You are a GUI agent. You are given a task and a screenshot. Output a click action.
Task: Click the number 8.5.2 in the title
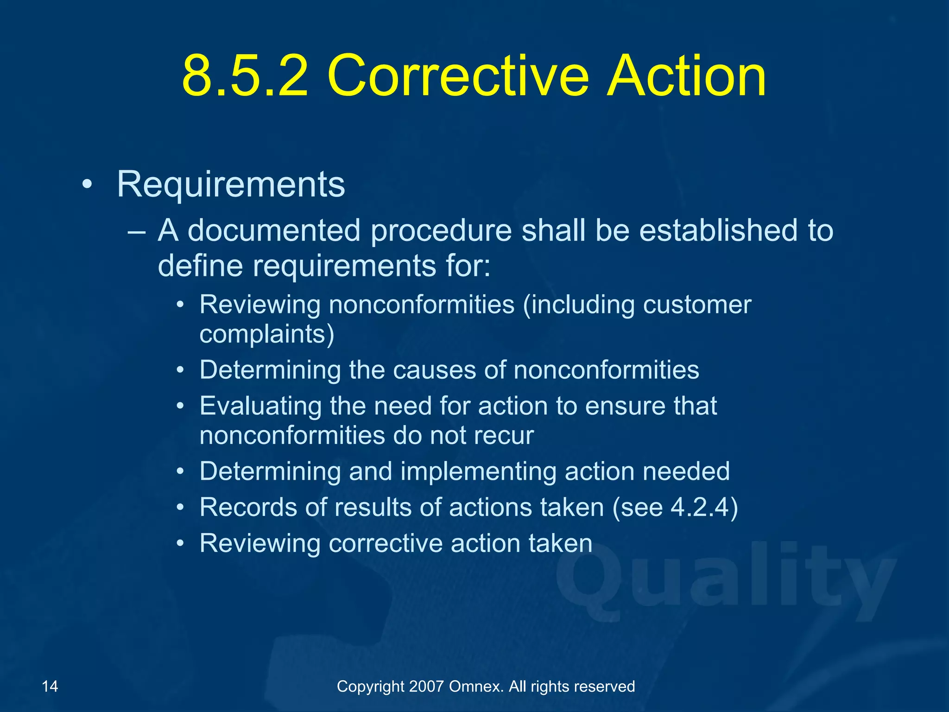(245, 76)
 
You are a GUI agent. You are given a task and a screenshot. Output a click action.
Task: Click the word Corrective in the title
(458, 76)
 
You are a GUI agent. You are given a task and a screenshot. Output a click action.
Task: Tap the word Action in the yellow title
(686, 76)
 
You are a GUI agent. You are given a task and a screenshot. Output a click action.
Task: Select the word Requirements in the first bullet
(231, 184)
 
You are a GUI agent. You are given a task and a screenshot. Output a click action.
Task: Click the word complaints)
(266, 334)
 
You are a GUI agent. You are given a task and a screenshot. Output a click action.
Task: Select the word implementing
(478, 471)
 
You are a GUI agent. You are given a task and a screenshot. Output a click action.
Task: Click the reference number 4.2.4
(699, 507)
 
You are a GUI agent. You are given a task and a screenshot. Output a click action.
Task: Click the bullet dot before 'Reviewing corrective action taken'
(181, 543)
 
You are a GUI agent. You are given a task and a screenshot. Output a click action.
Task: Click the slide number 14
(50, 686)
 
